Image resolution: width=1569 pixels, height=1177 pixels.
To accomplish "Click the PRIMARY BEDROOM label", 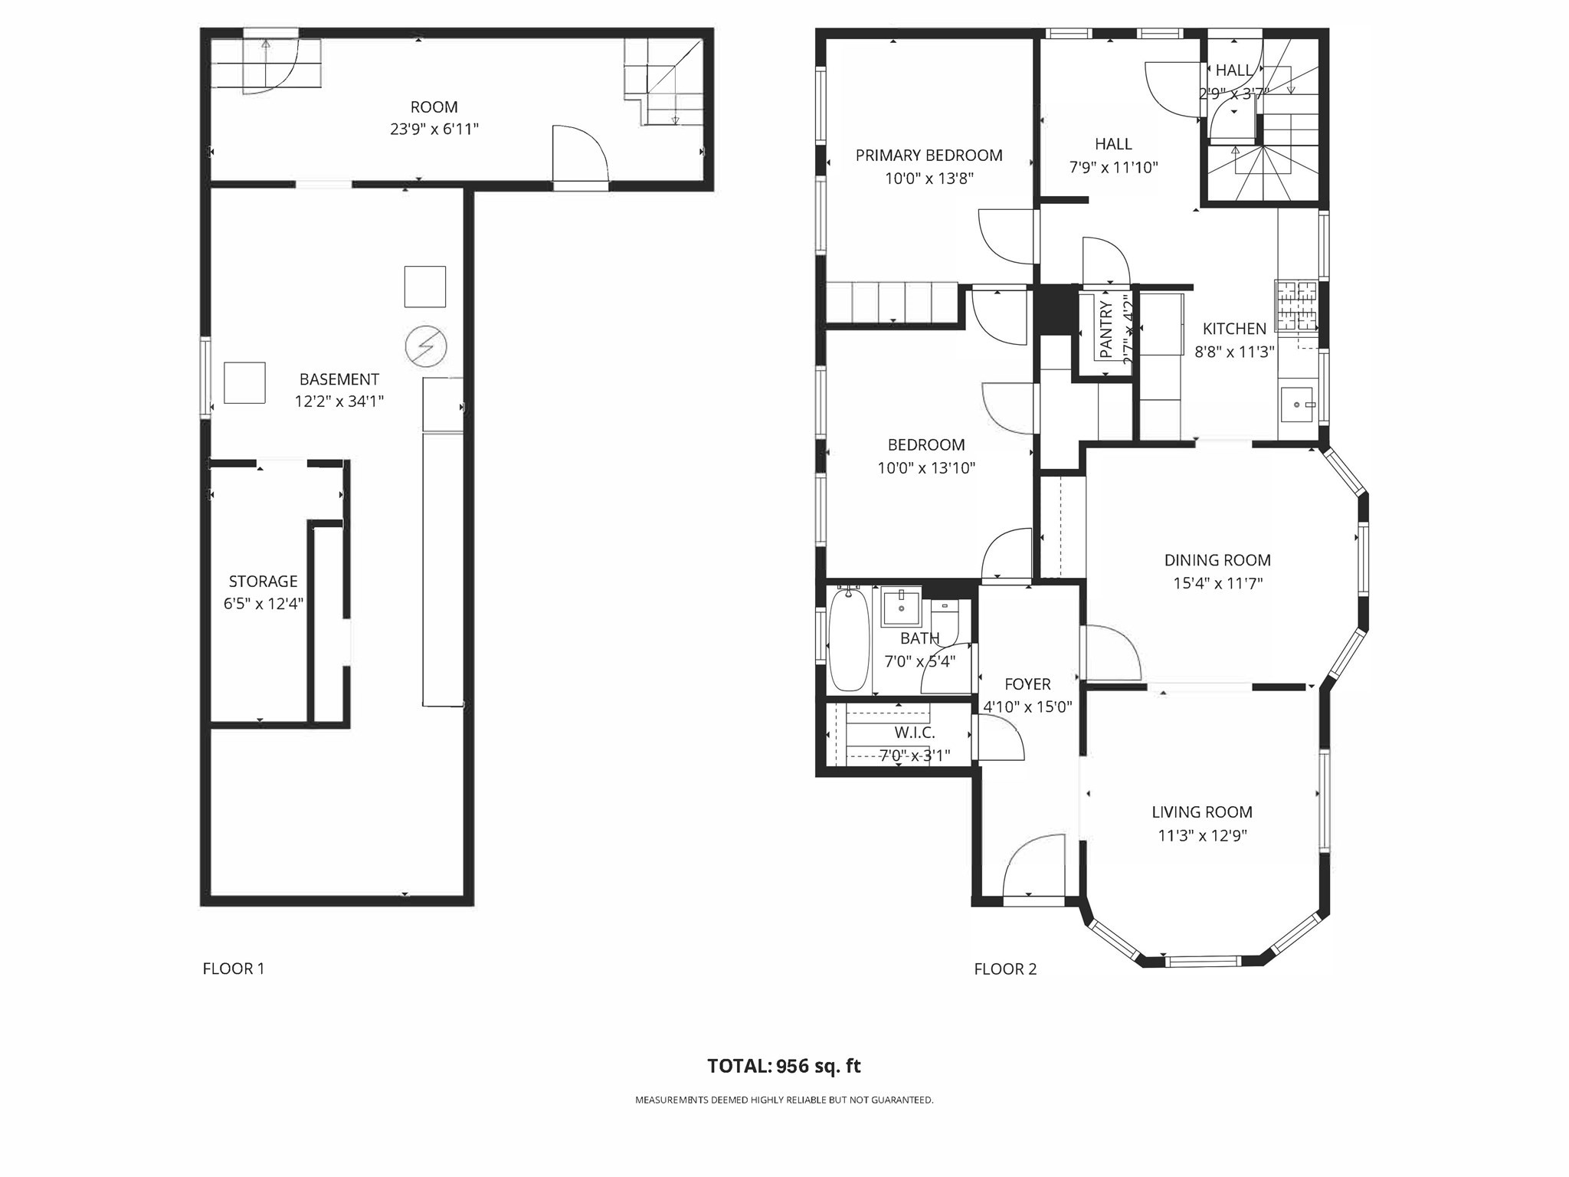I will [x=929, y=156].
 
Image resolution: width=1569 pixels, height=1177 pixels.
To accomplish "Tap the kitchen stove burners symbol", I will [x=1295, y=305].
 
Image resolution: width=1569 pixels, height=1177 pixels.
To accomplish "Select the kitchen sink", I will [x=1296, y=405].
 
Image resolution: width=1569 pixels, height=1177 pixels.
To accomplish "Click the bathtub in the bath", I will [x=849, y=640].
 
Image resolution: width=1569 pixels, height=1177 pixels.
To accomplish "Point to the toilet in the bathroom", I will [x=946, y=621].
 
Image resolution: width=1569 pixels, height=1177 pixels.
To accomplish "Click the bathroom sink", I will [x=901, y=607].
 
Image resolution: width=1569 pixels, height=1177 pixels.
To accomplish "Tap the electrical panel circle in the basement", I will [x=426, y=346].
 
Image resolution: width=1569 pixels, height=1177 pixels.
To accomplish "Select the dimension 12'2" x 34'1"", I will [x=339, y=401].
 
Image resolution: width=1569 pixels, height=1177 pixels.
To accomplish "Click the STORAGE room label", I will [x=263, y=581].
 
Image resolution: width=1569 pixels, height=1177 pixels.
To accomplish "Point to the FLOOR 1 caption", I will [x=234, y=969].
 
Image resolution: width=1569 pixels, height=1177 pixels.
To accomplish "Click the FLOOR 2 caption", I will [x=1005, y=969].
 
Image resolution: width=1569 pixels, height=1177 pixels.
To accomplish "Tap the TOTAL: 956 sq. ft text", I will [x=784, y=1066].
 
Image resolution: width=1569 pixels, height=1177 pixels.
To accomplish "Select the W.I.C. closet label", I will [x=914, y=733].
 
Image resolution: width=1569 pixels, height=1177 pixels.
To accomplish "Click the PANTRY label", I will [x=1106, y=329].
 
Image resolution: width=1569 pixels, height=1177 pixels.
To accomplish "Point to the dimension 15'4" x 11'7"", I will [x=1217, y=583].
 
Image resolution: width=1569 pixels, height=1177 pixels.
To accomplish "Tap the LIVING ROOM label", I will [x=1202, y=812].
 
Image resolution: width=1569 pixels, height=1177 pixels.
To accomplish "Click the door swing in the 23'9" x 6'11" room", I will [x=580, y=153].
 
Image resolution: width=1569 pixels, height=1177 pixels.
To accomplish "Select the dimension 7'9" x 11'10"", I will [x=1113, y=167].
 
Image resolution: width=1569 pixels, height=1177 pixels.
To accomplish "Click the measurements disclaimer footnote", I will [x=784, y=1100].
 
